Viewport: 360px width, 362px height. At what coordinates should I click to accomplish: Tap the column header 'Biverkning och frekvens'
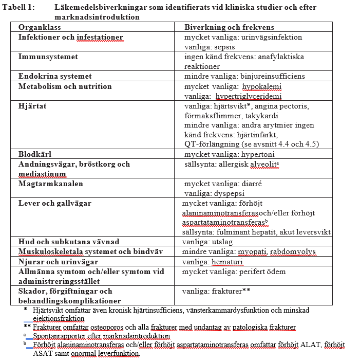(x=229, y=27)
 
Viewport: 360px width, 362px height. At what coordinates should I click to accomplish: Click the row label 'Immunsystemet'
(x=48, y=57)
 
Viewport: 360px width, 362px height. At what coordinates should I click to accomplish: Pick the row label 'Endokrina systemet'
(x=55, y=76)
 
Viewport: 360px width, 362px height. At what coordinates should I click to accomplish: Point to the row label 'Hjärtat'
(x=33, y=105)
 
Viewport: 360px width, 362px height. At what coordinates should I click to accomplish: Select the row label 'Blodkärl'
(x=35, y=154)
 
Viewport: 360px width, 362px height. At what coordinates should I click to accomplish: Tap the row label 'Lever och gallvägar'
(x=54, y=203)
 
